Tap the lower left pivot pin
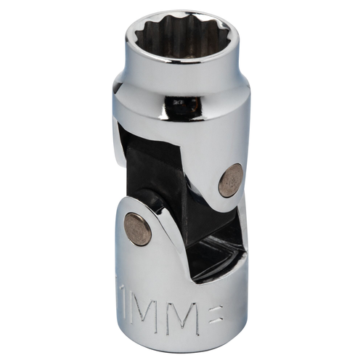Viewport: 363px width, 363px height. click(x=136, y=229)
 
